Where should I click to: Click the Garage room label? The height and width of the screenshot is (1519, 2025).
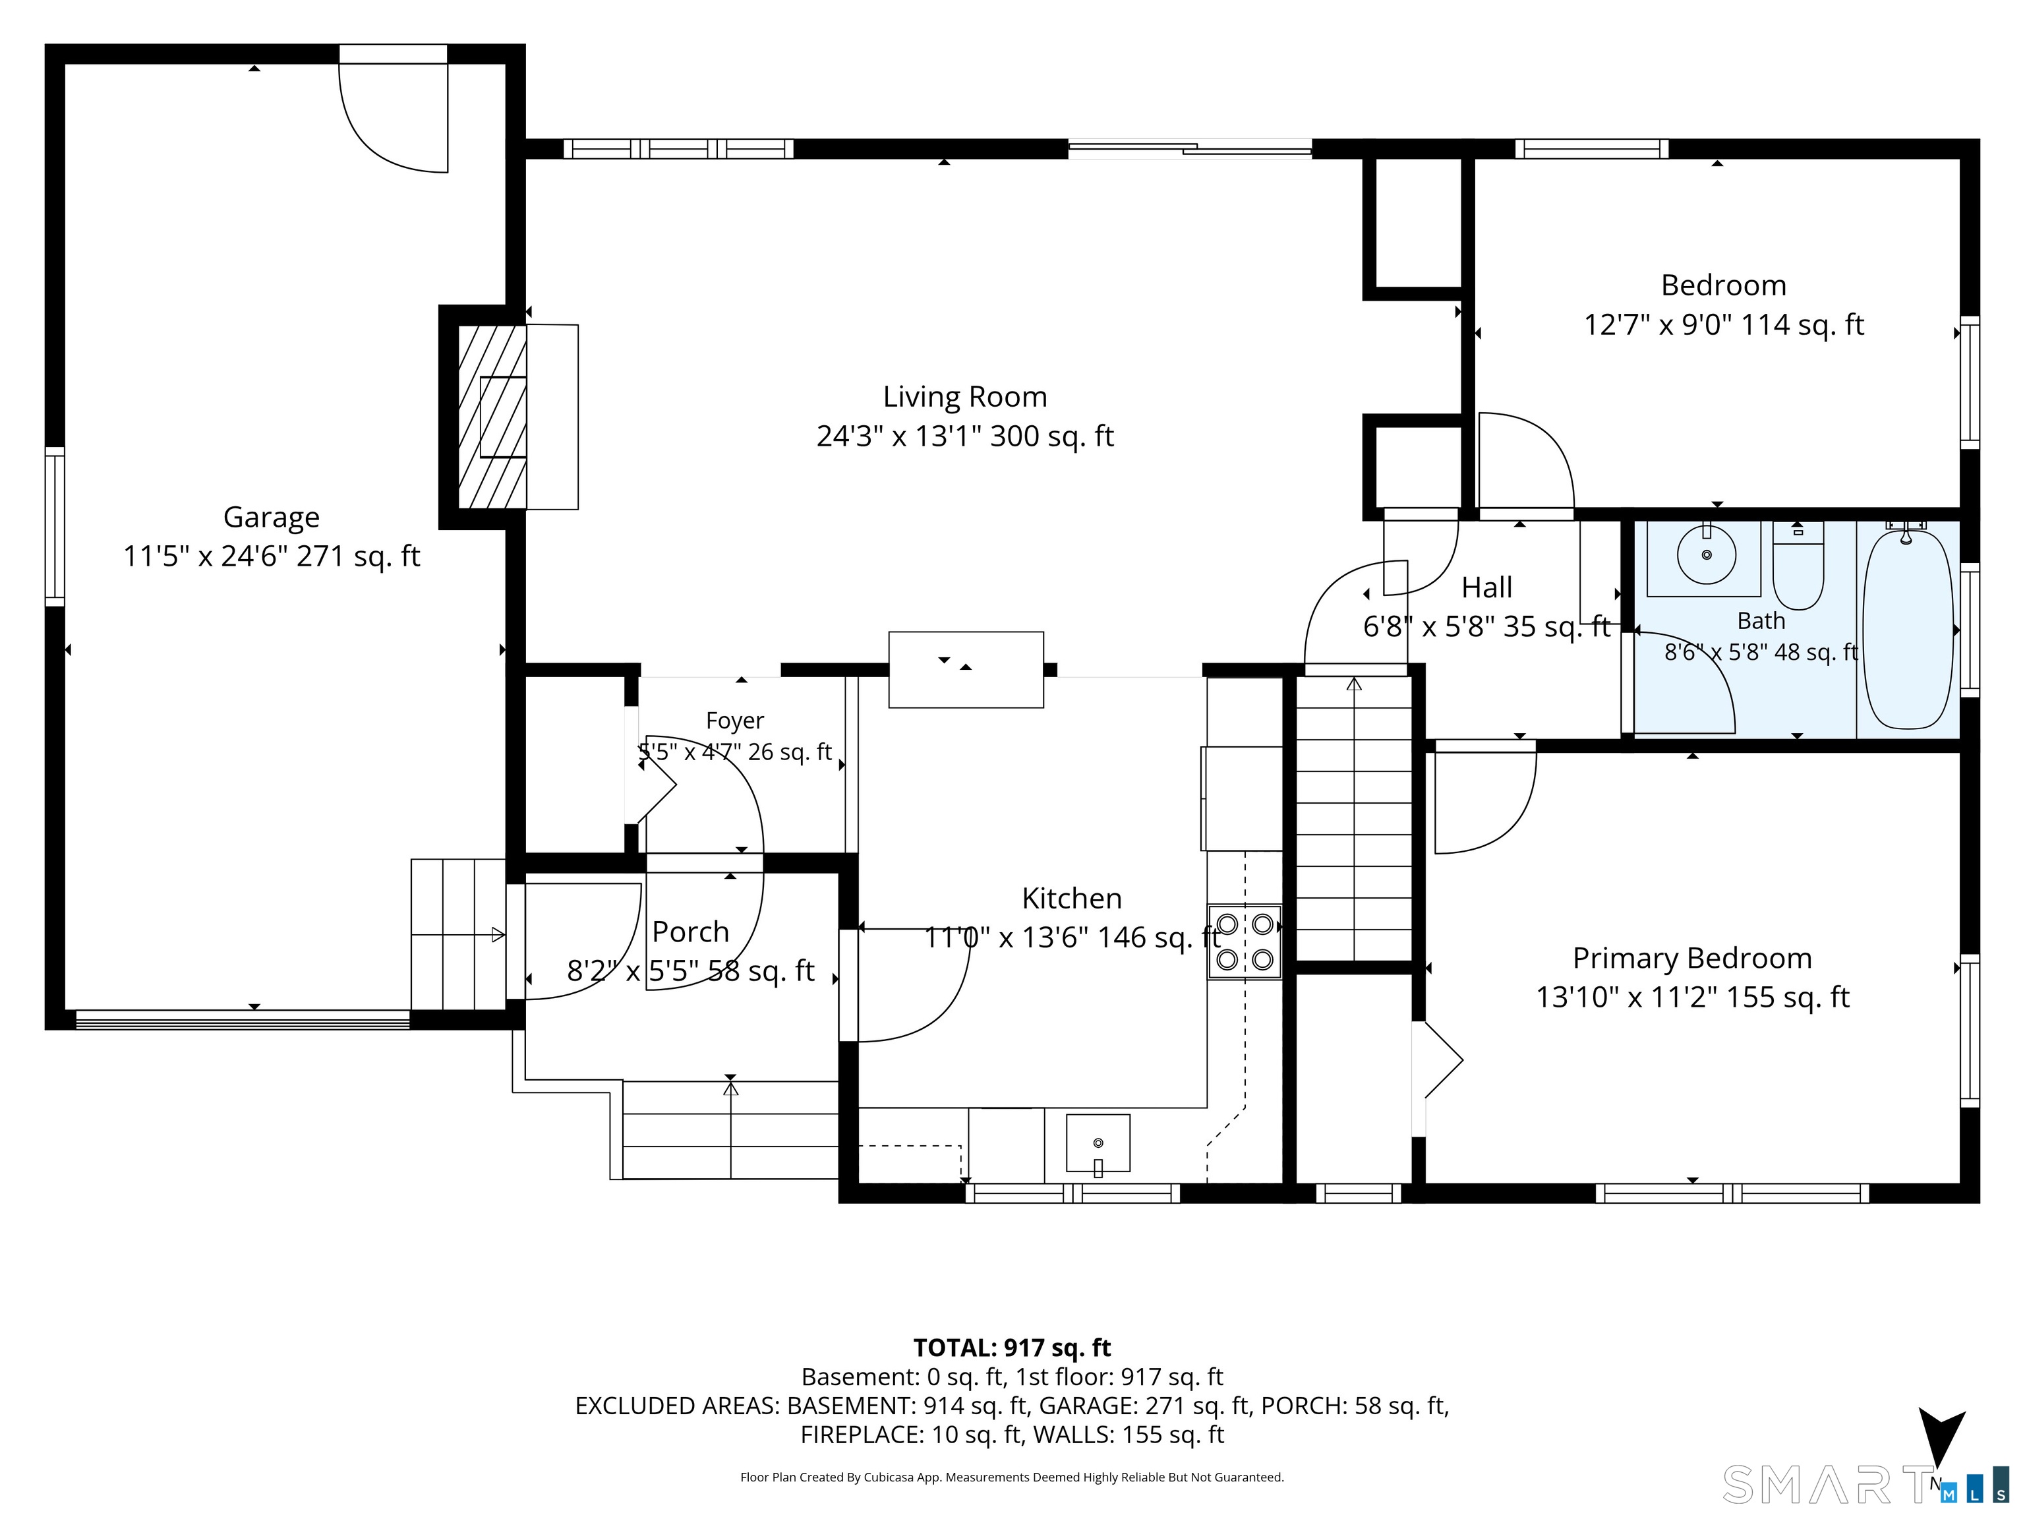(x=271, y=518)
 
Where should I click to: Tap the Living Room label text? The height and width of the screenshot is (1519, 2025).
(x=965, y=396)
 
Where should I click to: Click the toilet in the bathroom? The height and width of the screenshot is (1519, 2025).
(x=1798, y=566)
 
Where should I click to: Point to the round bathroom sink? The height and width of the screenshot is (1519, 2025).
(x=1707, y=555)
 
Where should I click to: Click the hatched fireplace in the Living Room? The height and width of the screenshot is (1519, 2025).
(x=492, y=417)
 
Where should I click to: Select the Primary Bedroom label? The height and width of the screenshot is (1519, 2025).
(x=1691, y=958)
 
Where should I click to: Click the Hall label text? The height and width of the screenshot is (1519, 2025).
(x=1486, y=587)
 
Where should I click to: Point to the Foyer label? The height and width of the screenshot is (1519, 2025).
(x=734, y=721)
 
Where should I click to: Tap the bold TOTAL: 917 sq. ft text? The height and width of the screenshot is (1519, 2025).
(x=1012, y=1348)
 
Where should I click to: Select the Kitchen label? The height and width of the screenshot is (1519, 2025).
(x=1071, y=898)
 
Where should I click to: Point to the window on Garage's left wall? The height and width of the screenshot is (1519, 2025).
(x=55, y=527)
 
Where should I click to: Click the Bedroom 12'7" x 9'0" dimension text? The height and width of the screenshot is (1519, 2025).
(x=1724, y=325)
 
